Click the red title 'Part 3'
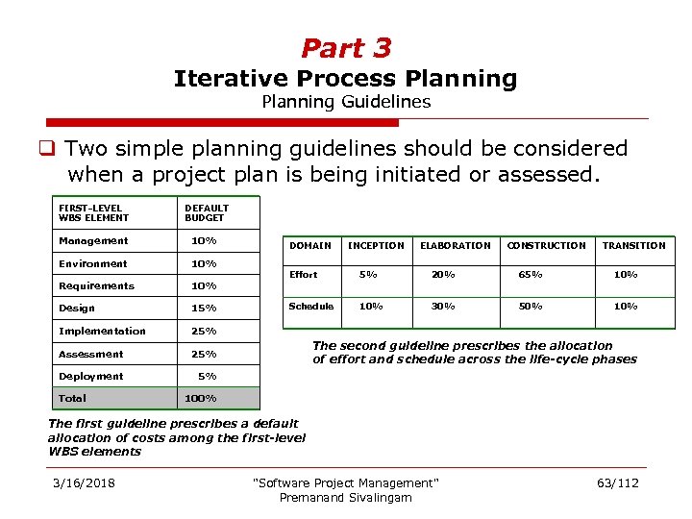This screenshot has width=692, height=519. point(346,47)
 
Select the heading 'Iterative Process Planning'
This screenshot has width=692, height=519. point(345,79)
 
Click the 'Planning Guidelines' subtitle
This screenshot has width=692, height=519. point(346,102)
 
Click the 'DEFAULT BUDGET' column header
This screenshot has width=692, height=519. point(207,212)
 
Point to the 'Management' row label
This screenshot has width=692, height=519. point(93,240)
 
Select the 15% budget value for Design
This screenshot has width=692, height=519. point(204,309)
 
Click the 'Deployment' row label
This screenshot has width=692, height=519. point(91,376)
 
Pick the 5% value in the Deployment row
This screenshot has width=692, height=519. point(207,376)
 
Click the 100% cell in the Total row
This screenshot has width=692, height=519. point(201,398)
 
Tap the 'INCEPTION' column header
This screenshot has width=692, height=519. point(376,245)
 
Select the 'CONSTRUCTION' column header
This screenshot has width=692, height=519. point(546,245)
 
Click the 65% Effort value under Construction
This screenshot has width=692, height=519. point(531,275)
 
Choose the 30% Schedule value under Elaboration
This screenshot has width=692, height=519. point(443,307)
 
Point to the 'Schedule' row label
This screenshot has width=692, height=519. point(311,307)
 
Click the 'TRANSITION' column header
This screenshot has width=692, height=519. point(633,245)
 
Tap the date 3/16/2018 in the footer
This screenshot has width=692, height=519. point(84,482)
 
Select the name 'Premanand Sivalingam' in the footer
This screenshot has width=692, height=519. point(345,497)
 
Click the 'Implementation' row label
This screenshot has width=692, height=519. point(102,331)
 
